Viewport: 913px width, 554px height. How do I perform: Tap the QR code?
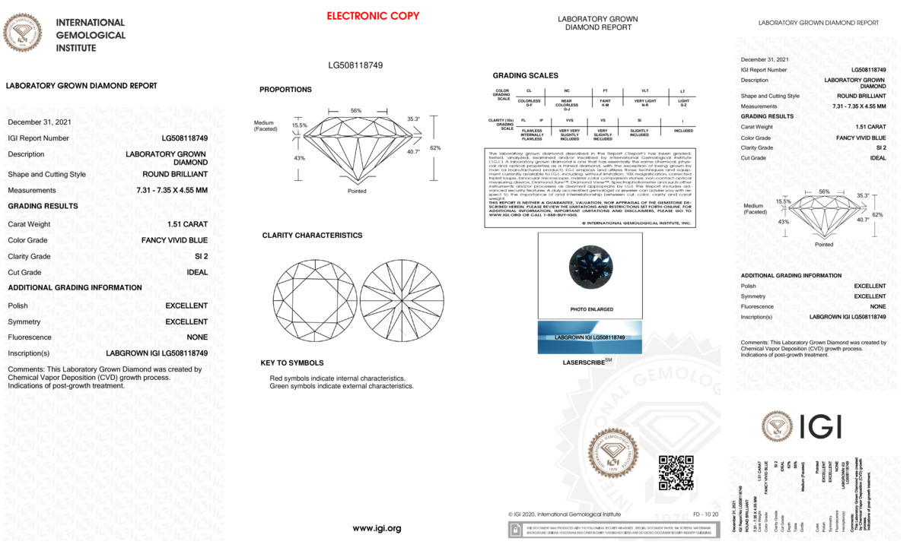[x=676, y=473]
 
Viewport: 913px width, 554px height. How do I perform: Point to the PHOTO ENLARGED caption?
[x=591, y=310]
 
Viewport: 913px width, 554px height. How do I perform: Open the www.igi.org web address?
[x=377, y=528]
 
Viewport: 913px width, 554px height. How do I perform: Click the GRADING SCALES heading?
[x=525, y=76]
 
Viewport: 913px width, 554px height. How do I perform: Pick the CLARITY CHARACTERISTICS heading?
[x=312, y=236]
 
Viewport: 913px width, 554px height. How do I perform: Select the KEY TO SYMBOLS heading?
[x=292, y=363]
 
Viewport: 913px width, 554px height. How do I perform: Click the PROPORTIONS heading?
[x=285, y=90]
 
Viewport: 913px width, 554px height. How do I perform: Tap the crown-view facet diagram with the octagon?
[x=314, y=301]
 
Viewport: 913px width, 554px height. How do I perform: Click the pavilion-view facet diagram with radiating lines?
[x=400, y=301]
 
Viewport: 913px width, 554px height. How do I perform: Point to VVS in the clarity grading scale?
[x=570, y=120]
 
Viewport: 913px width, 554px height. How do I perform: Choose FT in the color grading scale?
[x=605, y=90]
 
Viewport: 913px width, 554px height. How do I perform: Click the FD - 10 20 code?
[x=705, y=514]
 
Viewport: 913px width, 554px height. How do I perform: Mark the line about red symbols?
[x=338, y=378]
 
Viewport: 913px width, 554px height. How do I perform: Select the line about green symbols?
[x=342, y=387]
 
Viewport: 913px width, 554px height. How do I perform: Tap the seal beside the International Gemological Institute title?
[x=23, y=33]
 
